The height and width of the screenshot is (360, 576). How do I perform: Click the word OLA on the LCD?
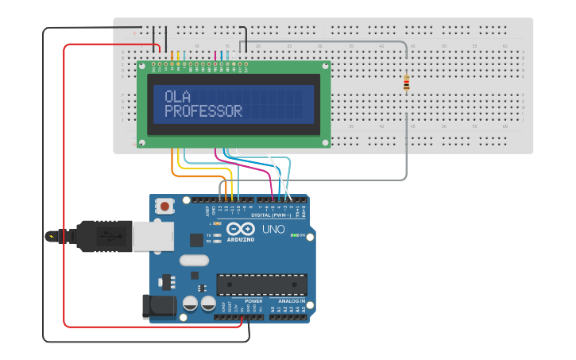coord(179,96)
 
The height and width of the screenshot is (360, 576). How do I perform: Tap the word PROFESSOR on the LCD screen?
coord(203,111)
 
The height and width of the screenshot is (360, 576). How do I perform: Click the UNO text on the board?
coord(273,230)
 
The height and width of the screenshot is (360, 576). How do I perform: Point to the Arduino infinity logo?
coord(242,229)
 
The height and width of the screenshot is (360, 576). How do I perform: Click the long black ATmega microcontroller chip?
coord(261,285)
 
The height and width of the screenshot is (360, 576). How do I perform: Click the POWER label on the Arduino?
coord(253,302)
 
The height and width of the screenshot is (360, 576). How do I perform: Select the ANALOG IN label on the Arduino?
coord(291,302)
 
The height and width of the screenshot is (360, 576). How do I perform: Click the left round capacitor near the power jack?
coord(191,303)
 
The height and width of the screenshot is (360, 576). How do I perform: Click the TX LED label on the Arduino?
coord(209,235)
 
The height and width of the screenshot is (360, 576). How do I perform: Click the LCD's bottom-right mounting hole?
coord(324,142)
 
